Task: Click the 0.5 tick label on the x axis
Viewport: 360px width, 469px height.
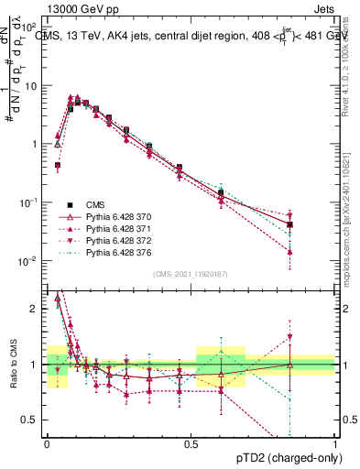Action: pos(191,442)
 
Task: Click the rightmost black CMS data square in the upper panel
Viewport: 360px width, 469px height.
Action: pos(289,224)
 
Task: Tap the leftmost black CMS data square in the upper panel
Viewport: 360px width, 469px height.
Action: pos(58,166)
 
